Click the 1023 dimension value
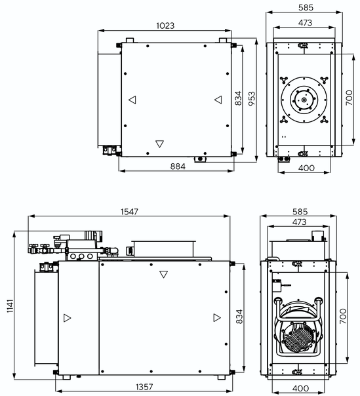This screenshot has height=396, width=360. click(x=165, y=26)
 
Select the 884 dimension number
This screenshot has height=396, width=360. click(x=178, y=167)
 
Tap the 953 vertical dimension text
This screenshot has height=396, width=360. click(x=251, y=98)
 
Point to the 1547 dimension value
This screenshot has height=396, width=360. click(x=129, y=212)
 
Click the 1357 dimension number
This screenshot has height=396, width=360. click(x=144, y=387)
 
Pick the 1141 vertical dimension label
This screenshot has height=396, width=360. click(x=10, y=306)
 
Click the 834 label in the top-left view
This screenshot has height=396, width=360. click(x=238, y=98)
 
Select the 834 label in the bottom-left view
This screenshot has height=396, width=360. click(x=239, y=317)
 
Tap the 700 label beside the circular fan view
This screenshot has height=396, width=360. click(x=349, y=98)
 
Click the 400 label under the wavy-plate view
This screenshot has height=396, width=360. click(x=300, y=388)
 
